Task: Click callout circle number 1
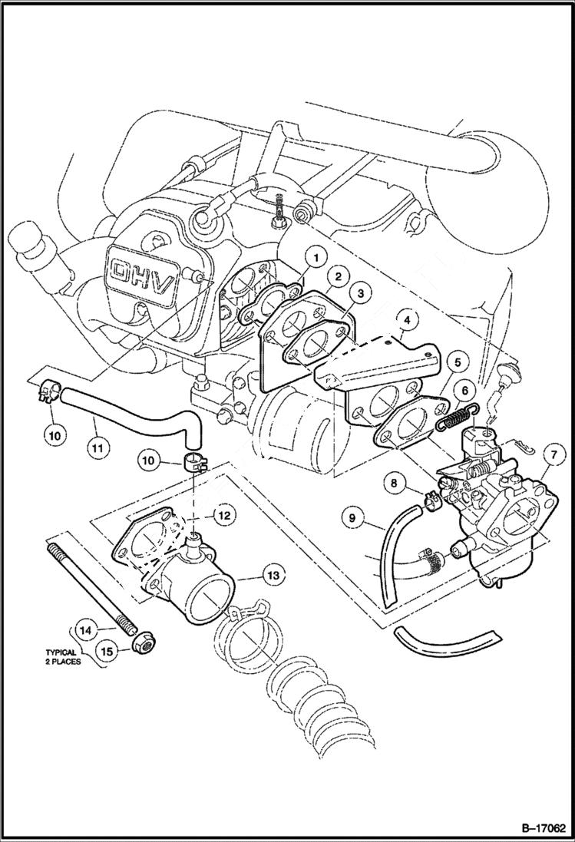pos(315,259)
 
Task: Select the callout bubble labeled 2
pos(337,276)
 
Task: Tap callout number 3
pos(360,292)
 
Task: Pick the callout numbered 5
pos(456,362)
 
